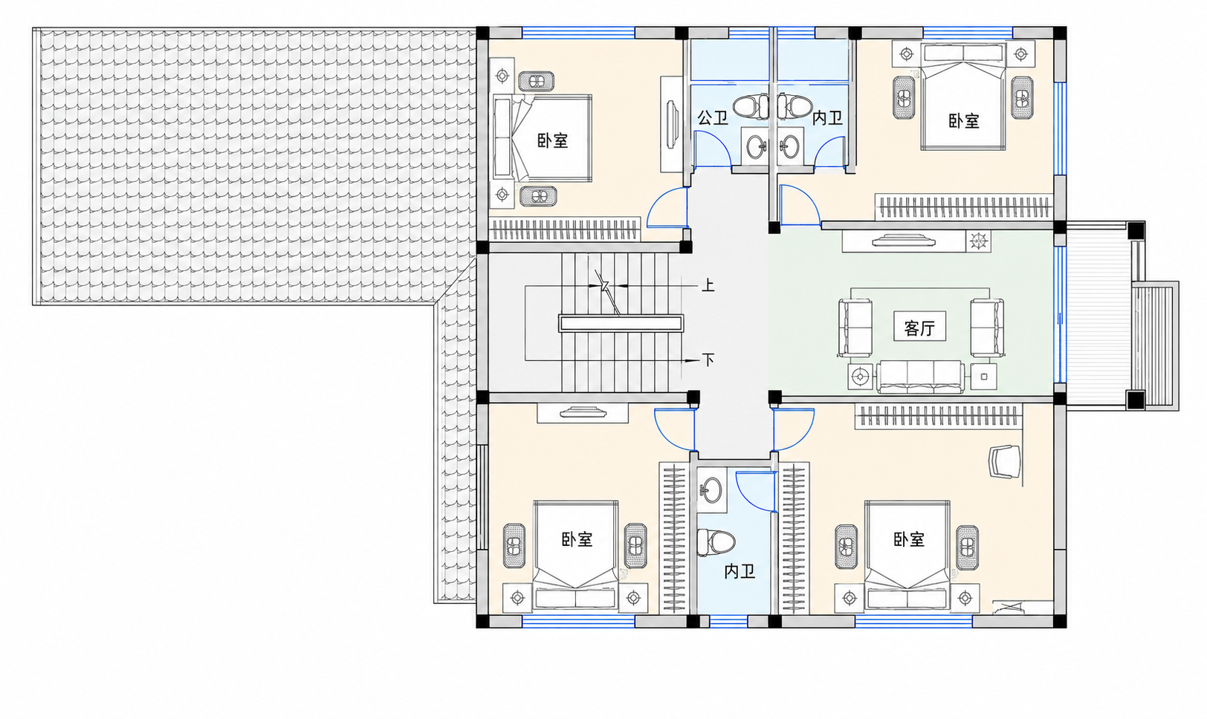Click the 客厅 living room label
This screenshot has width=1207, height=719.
point(919,328)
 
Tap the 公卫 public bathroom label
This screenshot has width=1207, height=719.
point(712,118)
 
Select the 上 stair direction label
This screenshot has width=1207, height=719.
point(708,285)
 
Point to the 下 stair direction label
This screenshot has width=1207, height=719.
point(708,359)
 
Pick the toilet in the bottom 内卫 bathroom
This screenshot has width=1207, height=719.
point(716,541)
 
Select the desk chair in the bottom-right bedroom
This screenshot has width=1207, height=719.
point(1005,461)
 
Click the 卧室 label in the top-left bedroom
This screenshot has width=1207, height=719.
point(552,141)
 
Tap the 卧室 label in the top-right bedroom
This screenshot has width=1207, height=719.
point(963,120)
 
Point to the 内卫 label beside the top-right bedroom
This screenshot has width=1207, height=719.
point(827,118)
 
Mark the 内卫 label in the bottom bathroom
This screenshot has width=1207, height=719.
point(740,571)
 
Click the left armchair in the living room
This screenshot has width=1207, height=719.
point(855,328)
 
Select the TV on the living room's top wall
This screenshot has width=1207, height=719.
point(904,240)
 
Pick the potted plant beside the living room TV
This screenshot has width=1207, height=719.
point(978,241)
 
